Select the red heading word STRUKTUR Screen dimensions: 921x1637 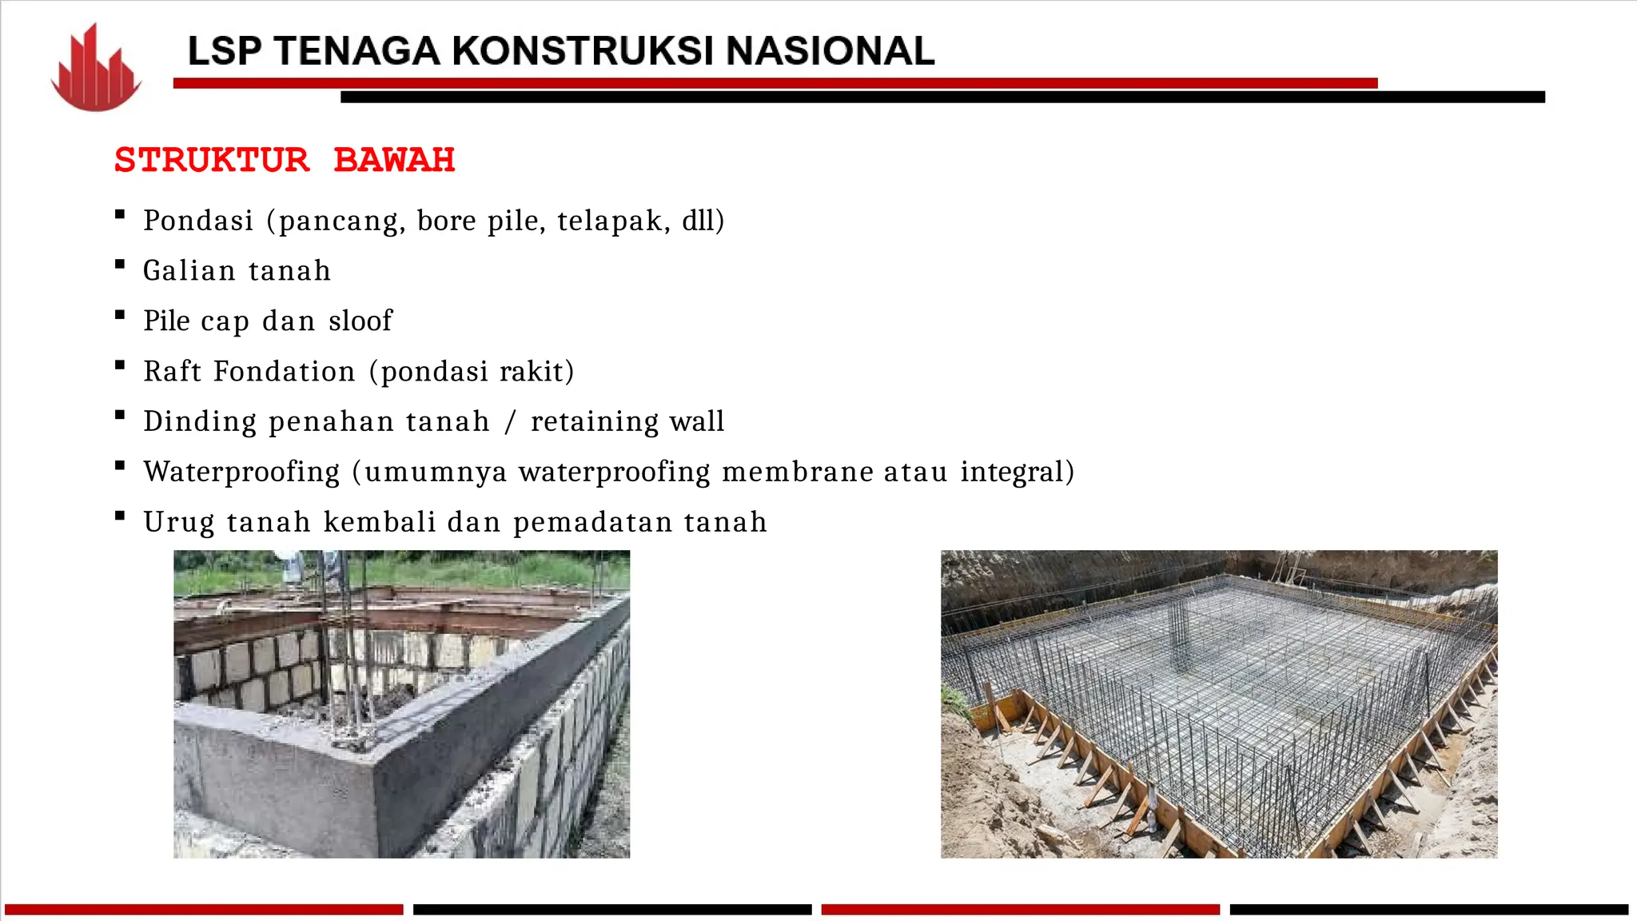click(x=212, y=160)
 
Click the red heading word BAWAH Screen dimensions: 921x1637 click(x=394, y=160)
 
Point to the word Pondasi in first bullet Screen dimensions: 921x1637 click(x=198, y=221)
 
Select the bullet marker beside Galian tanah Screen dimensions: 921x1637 click(x=120, y=265)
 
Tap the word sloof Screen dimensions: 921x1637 click(x=360, y=321)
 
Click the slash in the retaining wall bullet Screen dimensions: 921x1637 click(x=511, y=422)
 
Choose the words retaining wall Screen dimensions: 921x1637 click(x=627, y=422)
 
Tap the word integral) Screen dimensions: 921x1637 click(x=1017, y=472)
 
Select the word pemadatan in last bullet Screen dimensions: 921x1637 click(x=593, y=523)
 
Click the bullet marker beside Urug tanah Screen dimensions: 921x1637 click(x=120, y=516)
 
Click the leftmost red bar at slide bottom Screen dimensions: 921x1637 click(x=204, y=909)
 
